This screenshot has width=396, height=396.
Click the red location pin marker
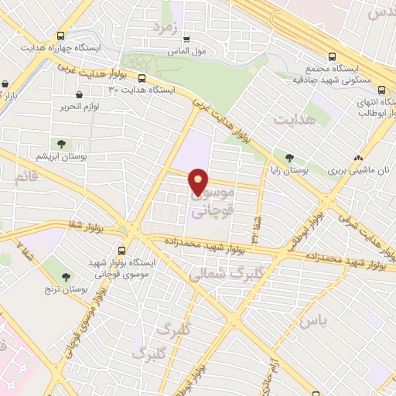(199, 181)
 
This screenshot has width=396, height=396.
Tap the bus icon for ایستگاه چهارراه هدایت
(61, 36)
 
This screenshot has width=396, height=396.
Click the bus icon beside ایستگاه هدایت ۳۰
(142, 77)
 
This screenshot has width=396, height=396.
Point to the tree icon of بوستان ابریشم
(60, 143)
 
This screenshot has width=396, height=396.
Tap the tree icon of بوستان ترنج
(67, 276)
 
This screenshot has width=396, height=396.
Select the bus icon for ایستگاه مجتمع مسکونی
(332, 56)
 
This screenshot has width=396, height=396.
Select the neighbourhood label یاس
(313, 319)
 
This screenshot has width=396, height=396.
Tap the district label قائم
(26, 177)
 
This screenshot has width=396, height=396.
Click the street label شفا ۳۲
(253, 224)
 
